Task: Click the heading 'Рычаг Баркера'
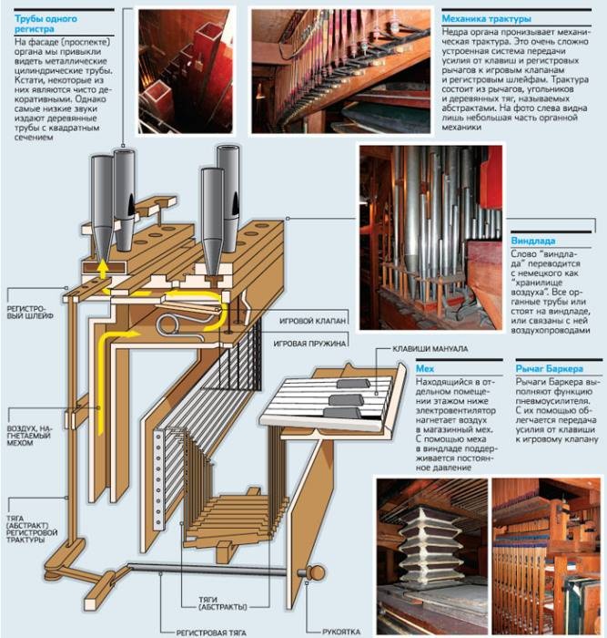[548, 368]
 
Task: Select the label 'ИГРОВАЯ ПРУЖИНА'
[311, 344]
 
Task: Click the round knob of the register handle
[319, 572]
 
